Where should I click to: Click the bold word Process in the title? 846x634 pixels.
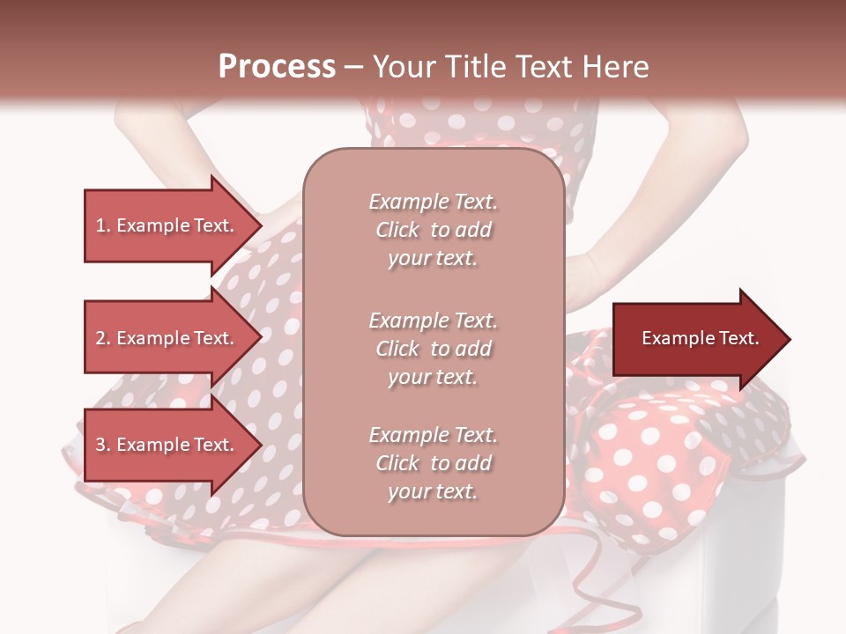(x=277, y=66)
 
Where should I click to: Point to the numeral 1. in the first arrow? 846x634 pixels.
(x=102, y=225)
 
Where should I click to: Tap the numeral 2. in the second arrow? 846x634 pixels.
(x=102, y=338)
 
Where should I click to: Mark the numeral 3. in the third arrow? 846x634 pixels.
(x=102, y=445)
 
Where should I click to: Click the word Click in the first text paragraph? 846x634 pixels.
(x=397, y=230)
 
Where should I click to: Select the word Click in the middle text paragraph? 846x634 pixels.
(x=397, y=349)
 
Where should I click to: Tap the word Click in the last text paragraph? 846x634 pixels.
(x=397, y=463)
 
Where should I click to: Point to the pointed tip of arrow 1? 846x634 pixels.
(x=260, y=225)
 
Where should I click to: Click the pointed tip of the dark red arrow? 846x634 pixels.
(x=789, y=338)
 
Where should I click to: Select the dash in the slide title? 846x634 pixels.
(x=353, y=67)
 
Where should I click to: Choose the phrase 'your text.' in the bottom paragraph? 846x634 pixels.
(x=432, y=492)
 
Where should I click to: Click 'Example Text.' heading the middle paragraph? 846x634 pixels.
(x=433, y=320)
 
